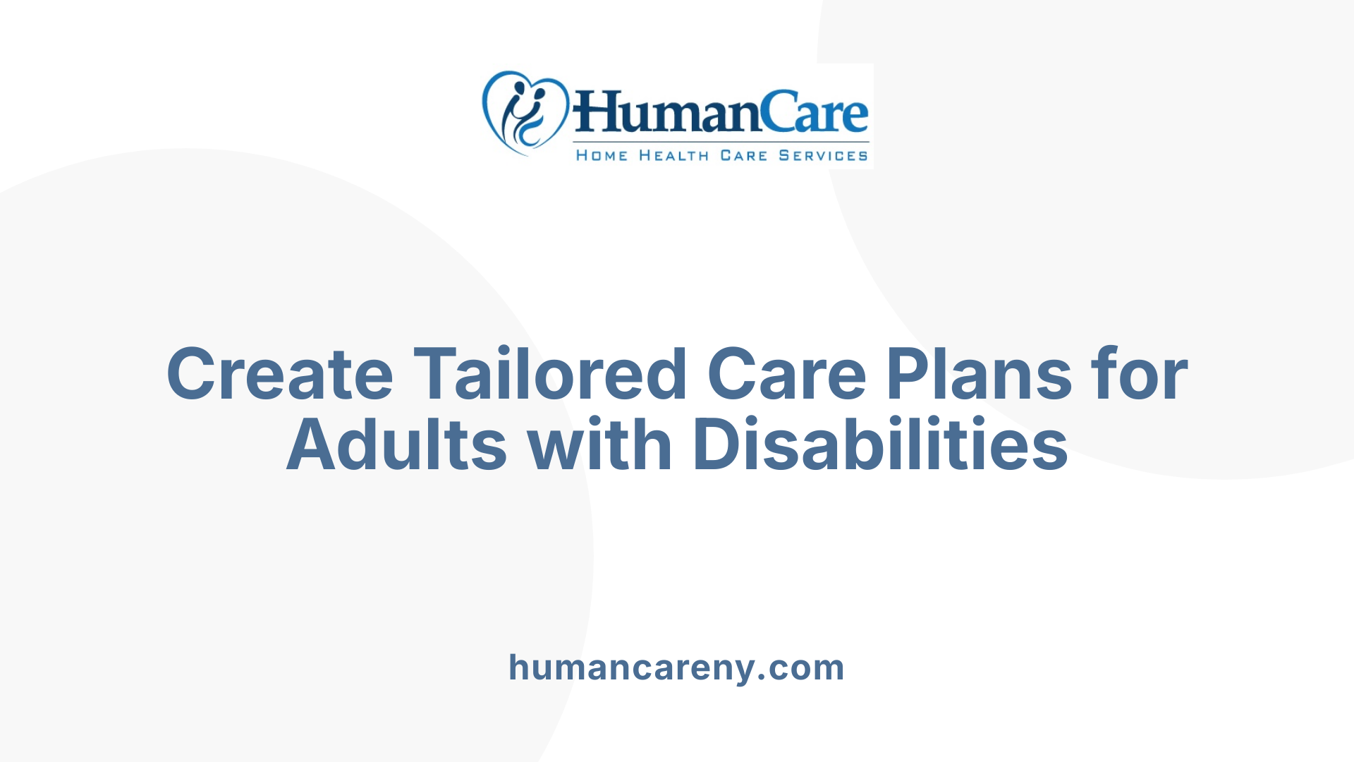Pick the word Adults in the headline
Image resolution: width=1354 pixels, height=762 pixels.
click(396, 445)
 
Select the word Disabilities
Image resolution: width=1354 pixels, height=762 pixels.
click(880, 445)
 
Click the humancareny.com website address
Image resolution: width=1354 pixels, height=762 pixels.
click(676, 667)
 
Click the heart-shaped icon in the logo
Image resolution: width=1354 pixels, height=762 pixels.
click(525, 112)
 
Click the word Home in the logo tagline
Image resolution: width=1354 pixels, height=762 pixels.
click(602, 155)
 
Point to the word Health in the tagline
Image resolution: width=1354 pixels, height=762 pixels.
click(673, 155)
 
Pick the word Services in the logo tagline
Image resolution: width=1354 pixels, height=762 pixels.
click(823, 155)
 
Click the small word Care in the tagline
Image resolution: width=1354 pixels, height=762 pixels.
click(743, 155)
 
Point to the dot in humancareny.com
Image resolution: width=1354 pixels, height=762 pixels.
click(762, 679)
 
